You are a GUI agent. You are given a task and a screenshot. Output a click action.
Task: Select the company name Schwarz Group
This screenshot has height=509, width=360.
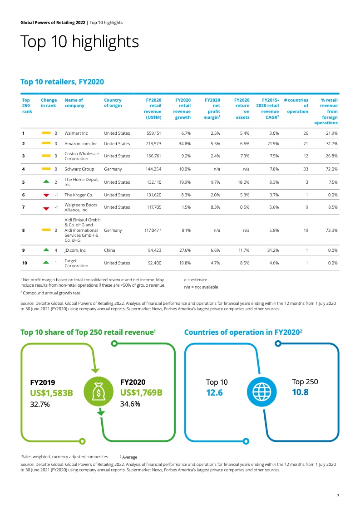(x=79, y=169)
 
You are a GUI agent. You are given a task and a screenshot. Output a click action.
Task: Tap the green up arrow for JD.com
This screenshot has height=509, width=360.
(x=46, y=250)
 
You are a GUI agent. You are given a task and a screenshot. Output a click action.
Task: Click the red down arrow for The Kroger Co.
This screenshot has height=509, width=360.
(x=46, y=196)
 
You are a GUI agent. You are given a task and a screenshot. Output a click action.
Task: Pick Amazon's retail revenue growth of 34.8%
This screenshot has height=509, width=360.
(x=182, y=144)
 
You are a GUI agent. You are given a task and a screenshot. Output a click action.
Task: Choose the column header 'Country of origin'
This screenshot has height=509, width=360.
(x=113, y=103)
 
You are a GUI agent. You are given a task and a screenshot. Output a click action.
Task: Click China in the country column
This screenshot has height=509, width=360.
(x=109, y=250)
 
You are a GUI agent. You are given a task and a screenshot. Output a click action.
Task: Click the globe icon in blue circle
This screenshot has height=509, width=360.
(x=261, y=392)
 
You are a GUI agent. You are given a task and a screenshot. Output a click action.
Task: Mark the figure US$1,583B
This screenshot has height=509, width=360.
(x=51, y=393)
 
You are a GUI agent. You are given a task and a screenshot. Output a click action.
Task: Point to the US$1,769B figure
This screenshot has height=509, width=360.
(x=141, y=393)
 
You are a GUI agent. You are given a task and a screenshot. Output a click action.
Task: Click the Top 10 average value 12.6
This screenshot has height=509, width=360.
(x=214, y=393)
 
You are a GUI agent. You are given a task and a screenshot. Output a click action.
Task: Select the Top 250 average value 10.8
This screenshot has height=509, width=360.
(x=300, y=392)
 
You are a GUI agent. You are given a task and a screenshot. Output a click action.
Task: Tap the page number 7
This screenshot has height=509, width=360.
(x=338, y=495)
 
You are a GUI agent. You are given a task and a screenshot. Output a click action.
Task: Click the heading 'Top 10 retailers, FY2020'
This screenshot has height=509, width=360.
(x=62, y=82)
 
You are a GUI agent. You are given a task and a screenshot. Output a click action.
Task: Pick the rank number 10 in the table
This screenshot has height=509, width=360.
(x=25, y=263)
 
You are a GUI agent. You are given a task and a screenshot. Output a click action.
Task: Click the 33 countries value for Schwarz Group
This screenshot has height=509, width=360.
(x=306, y=169)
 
